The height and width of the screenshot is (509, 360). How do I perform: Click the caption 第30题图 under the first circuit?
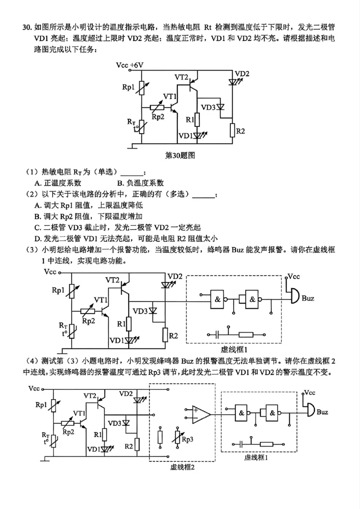[180, 156]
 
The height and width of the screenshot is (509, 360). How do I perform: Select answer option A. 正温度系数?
[58, 183]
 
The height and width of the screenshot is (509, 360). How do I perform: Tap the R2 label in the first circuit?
[241, 131]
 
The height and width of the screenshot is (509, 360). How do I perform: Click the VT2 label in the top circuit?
[181, 77]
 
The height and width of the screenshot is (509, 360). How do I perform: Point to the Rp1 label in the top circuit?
[128, 88]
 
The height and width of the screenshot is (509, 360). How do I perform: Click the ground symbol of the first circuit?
[132, 145]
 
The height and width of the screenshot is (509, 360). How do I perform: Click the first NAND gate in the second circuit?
[218, 299]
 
